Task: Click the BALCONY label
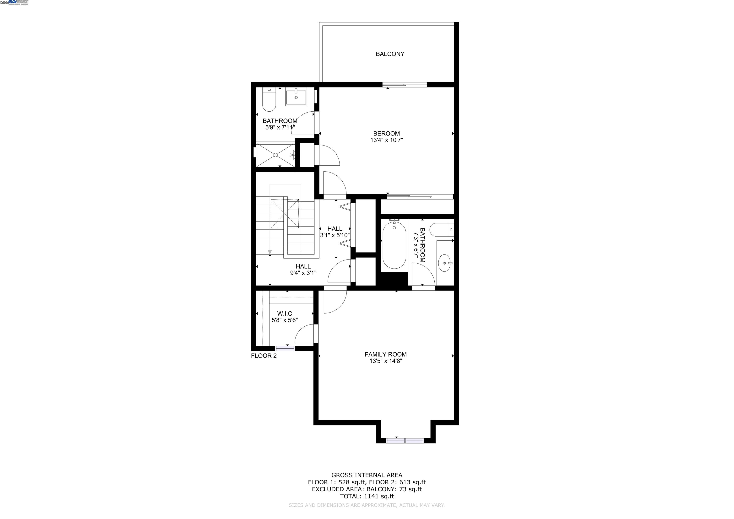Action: tap(390, 54)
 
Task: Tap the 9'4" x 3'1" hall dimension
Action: tap(303, 273)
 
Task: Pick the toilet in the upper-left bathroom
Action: tap(269, 100)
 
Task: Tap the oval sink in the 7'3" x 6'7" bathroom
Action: tap(444, 263)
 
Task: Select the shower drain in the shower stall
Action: tap(275, 155)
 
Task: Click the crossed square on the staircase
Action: tap(285, 213)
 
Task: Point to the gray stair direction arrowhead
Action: tap(270, 252)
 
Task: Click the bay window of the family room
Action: tap(405, 441)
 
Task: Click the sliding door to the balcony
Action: tap(405, 85)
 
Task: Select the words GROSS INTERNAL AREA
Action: tap(367, 475)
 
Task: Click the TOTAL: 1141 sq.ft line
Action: tap(367, 496)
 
